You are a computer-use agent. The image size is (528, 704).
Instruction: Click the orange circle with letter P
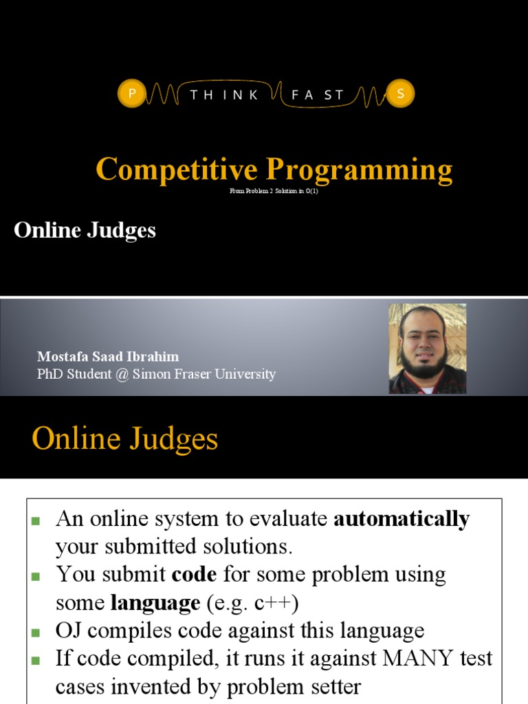(x=131, y=94)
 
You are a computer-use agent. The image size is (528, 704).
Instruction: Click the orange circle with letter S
(x=400, y=94)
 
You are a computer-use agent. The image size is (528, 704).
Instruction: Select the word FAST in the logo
(x=317, y=95)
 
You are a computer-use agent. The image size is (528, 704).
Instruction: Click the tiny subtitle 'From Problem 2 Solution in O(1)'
(x=274, y=191)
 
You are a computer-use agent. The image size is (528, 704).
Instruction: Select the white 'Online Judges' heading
(x=85, y=230)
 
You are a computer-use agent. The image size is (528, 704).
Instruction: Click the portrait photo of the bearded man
(x=427, y=349)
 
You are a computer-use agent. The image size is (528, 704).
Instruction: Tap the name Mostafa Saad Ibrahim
(x=108, y=357)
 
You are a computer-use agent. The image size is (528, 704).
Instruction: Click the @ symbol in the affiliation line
(x=122, y=375)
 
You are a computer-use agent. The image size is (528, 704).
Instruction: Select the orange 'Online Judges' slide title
(x=124, y=439)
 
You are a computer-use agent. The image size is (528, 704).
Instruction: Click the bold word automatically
(x=401, y=519)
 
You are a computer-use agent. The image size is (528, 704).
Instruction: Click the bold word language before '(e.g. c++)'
(x=155, y=604)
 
